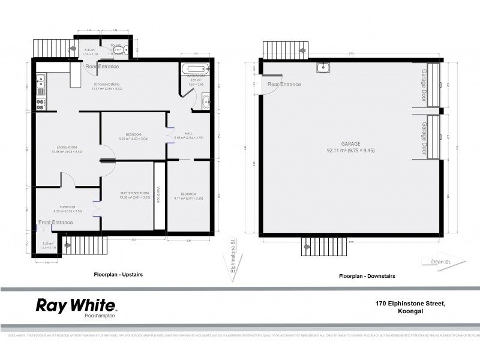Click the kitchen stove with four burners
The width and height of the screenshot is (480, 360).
coord(41,104)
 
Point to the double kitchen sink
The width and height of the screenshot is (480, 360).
coord(41,82)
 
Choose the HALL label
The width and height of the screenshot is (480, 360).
coord(189,134)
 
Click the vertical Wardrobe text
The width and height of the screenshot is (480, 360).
coord(158,194)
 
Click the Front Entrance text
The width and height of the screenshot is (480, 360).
coord(56,223)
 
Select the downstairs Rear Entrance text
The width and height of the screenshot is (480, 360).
coord(284,85)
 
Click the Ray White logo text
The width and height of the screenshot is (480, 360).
coord(71,304)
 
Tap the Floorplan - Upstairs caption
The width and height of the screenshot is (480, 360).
coord(118,274)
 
